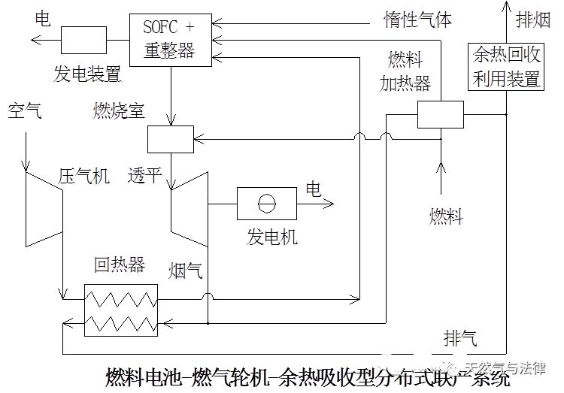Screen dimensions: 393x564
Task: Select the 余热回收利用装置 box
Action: [506, 66]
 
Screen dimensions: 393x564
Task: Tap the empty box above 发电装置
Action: [83, 39]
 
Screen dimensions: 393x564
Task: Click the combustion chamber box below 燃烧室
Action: [171, 138]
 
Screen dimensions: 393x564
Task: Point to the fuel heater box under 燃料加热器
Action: [441, 115]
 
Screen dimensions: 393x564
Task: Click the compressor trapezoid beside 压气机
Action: [44, 207]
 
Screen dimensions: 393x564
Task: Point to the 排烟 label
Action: [533, 20]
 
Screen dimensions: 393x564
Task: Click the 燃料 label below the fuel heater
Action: [446, 217]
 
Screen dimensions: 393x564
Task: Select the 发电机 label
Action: [272, 237]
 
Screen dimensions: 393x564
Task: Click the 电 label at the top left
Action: [43, 18]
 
